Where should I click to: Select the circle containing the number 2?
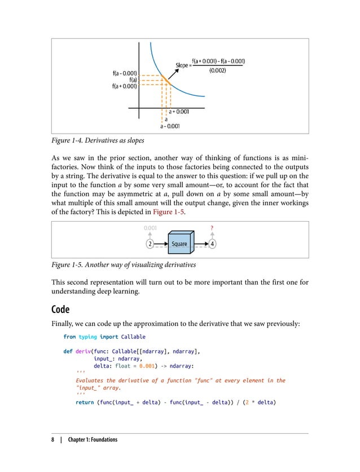(x=150, y=244)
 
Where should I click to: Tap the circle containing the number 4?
(x=212, y=244)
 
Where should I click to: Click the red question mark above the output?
(x=212, y=228)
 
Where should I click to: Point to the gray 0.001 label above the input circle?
(x=149, y=228)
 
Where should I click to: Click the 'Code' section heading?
(x=62, y=310)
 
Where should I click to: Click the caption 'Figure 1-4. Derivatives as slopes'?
(x=98, y=140)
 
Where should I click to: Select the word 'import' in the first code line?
(x=108, y=337)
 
